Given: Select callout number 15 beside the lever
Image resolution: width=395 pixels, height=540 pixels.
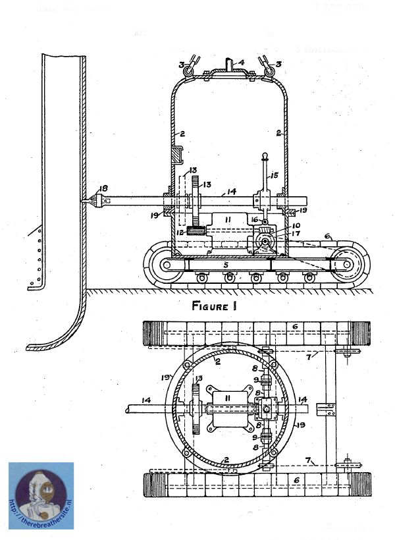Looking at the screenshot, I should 275,176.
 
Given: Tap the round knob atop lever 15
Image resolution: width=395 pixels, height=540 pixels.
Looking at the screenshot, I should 263,156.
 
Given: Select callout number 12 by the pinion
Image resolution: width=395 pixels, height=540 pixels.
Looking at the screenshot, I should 180,232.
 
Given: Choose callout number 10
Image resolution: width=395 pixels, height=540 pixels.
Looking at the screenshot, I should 280,225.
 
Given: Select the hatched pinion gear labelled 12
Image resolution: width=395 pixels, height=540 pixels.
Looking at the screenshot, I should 194,231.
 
